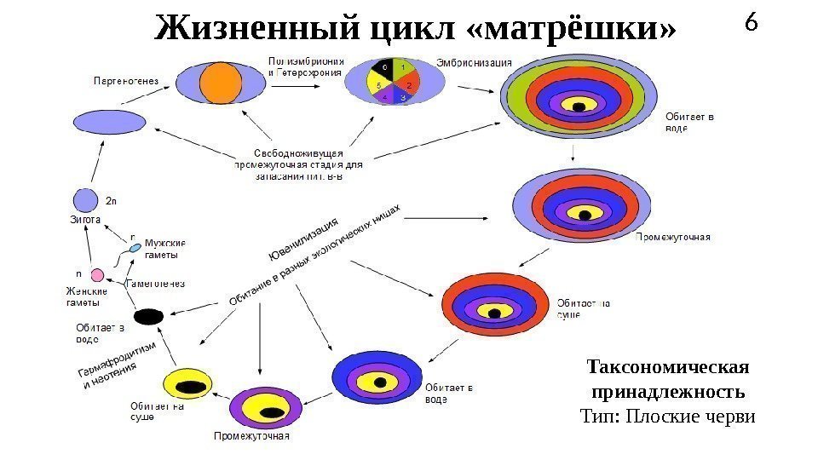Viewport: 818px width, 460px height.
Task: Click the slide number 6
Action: click(x=751, y=23)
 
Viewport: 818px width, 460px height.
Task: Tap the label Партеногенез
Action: click(x=125, y=82)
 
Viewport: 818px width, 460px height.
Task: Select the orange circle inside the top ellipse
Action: click(x=222, y=83)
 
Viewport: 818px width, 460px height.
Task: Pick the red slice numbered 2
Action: click(x=407, y=83)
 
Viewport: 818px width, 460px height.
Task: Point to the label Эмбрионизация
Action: click(x=475, y=62)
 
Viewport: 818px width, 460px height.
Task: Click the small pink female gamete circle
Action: click(x=98, y=275)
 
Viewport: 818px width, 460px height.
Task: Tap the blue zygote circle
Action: click(x=85, y=200)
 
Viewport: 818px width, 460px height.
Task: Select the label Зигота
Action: click(x=85, y=219)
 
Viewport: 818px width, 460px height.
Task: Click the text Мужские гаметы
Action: click(x=165, y=249)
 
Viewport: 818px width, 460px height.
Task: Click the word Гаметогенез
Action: click(x=155, y=283)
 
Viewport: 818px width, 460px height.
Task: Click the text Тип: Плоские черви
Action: click(x=668, y=417)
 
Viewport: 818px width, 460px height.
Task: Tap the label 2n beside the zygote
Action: click(x=111, y=203)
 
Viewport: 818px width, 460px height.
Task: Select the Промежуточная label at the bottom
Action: click(x=251, y=437)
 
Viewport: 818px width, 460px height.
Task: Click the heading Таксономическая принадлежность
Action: click(x=668, y=380)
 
